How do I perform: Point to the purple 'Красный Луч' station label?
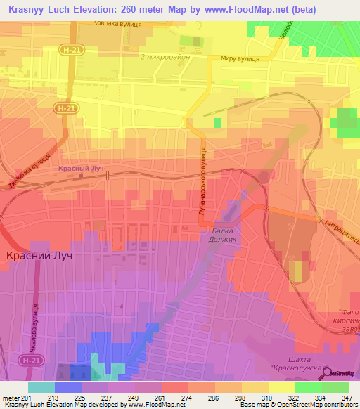point(80,169)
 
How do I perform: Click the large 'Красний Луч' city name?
point(39,257)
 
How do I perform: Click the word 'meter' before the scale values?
point(9,398)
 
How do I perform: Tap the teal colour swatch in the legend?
point(41,387)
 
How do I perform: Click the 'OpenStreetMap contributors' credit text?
point(324,405)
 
